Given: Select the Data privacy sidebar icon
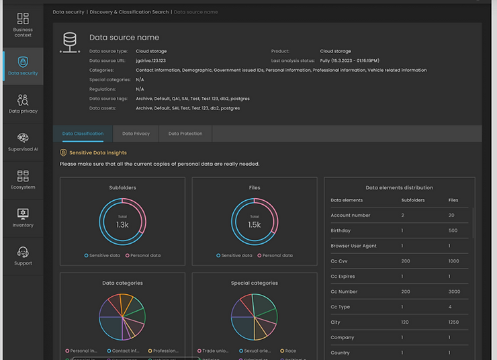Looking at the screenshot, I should (23, 103).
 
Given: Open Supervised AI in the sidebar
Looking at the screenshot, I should (23, 142).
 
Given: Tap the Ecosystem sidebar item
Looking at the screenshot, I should (23, 180).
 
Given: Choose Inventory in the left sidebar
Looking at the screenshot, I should (23, 218).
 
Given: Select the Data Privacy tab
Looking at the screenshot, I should (136, 134).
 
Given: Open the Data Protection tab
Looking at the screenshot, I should (185, 134).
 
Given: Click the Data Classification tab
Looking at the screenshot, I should (83, 134).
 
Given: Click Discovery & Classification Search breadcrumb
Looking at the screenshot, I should (129, 12).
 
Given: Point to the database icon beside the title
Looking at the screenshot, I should (70, 43).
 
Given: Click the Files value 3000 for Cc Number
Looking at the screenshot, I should (455, 292).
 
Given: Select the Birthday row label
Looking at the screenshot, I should (341, 230).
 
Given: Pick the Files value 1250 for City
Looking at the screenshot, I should (454, 322).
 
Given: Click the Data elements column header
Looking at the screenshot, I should (347, 200).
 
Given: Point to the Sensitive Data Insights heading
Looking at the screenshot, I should (98, 153).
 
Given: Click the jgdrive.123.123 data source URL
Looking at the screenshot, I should (150, 60).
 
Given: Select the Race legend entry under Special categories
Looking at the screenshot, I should (290, 351).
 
